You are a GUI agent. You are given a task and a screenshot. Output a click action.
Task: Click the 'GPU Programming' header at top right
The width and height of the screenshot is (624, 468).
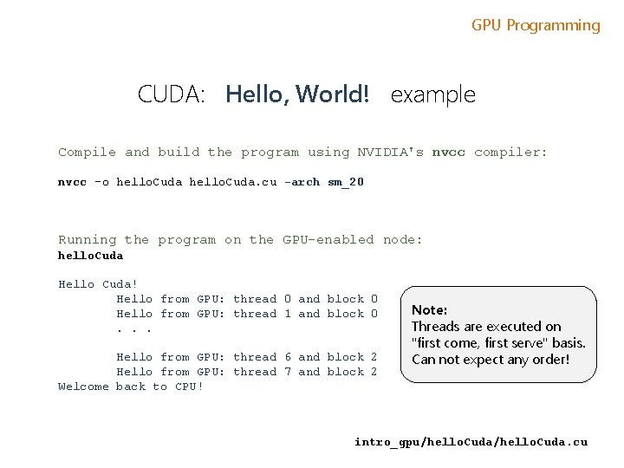(536, 25)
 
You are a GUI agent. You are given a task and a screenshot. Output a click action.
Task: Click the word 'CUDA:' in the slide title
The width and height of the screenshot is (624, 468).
(171, 94)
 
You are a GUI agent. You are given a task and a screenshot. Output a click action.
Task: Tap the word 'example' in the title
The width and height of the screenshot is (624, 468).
(433, 94)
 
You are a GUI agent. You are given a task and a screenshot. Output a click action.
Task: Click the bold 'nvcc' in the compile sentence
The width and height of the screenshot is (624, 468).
(448, 153)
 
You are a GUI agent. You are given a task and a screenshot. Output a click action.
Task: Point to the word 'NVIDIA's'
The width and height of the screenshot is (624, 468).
(390, 153)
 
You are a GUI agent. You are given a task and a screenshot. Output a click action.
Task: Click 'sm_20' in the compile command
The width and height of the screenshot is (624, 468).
(346, 182)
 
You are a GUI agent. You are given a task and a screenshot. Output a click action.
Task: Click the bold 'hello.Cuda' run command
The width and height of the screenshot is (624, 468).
(90, 256)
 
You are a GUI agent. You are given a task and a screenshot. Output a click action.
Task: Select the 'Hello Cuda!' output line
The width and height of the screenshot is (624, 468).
(98, 284)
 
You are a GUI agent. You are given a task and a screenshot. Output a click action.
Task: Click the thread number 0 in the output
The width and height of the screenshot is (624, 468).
(288, 299)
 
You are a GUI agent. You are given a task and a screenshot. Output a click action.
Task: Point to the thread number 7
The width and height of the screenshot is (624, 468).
(288, 372)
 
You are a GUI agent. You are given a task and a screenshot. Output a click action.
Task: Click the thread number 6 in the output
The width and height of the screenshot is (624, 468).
(288, 357)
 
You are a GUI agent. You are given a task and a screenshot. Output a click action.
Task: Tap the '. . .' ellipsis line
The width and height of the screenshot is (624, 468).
(134, 328)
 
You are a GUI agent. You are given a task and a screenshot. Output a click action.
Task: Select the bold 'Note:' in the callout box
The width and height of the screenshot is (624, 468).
(429, 309)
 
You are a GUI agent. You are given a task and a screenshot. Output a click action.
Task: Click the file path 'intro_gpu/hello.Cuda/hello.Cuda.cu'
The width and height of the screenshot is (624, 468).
(471, 442)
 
